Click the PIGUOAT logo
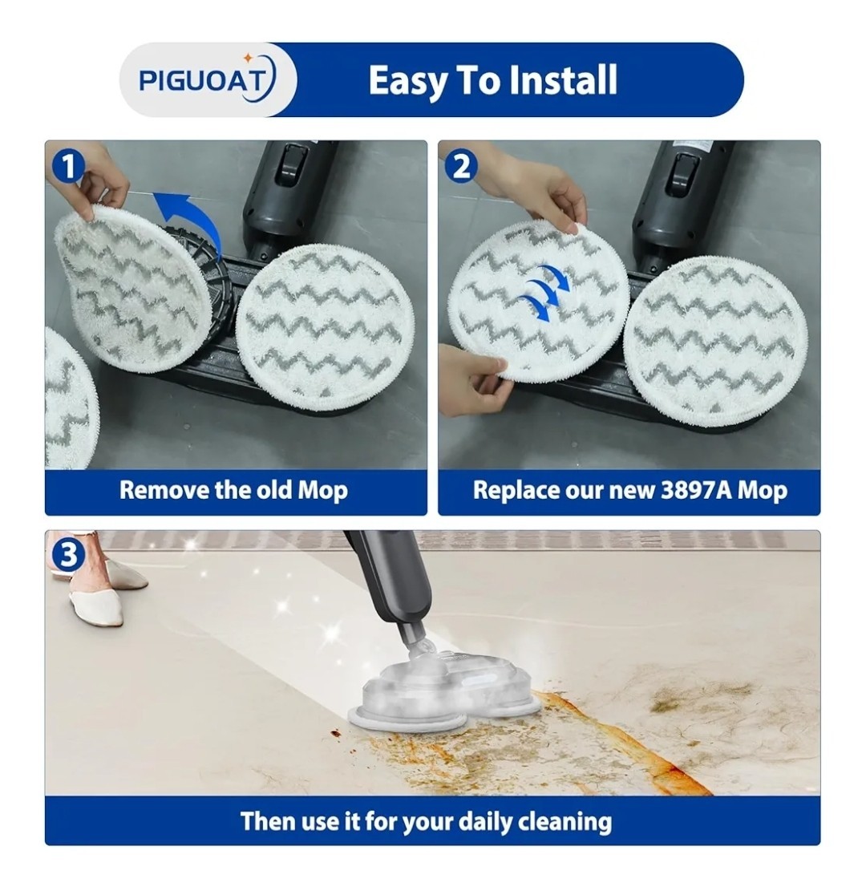point(207,80)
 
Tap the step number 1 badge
point(67,167)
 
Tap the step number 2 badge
point(462,167)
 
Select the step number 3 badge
point(68,556)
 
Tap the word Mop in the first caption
point(322,490)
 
